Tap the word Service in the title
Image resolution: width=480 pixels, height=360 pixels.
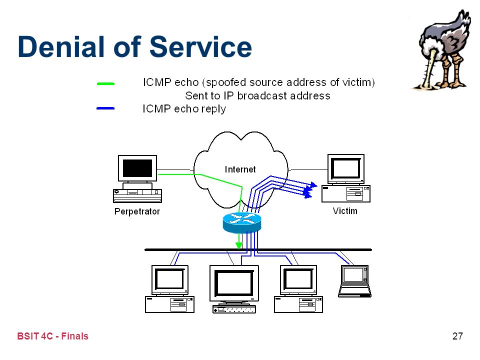click(x=200, y=46)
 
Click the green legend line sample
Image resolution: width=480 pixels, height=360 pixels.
click(x=105, y=83)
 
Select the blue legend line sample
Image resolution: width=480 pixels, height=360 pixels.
click(x=105, y=108)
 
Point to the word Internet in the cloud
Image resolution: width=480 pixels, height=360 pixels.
click(x=240, y=169)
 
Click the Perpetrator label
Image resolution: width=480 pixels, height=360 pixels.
click(x=137, y=211)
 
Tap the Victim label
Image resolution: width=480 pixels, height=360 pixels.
click(x=345, y=211)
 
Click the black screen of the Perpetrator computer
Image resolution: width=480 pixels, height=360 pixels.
click(x=137, y=168)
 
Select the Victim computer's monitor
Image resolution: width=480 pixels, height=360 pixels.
click(x=346, y=168)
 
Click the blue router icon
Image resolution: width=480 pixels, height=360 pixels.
click(x=242, y=222)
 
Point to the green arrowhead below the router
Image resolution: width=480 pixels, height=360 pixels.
click(x=239, y=245)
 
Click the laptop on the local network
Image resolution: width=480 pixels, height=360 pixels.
click(x=354, y=281)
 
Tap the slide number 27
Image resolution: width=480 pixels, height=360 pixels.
click(x=457, y=336)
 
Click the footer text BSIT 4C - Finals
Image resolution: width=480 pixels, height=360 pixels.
click(x=52, y=336)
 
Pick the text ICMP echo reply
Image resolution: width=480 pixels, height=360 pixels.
click(x=184, y=109)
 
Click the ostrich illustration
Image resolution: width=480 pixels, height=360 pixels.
click(x=441, y=50)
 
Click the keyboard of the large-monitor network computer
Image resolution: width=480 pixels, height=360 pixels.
click(x=234, y=309)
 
